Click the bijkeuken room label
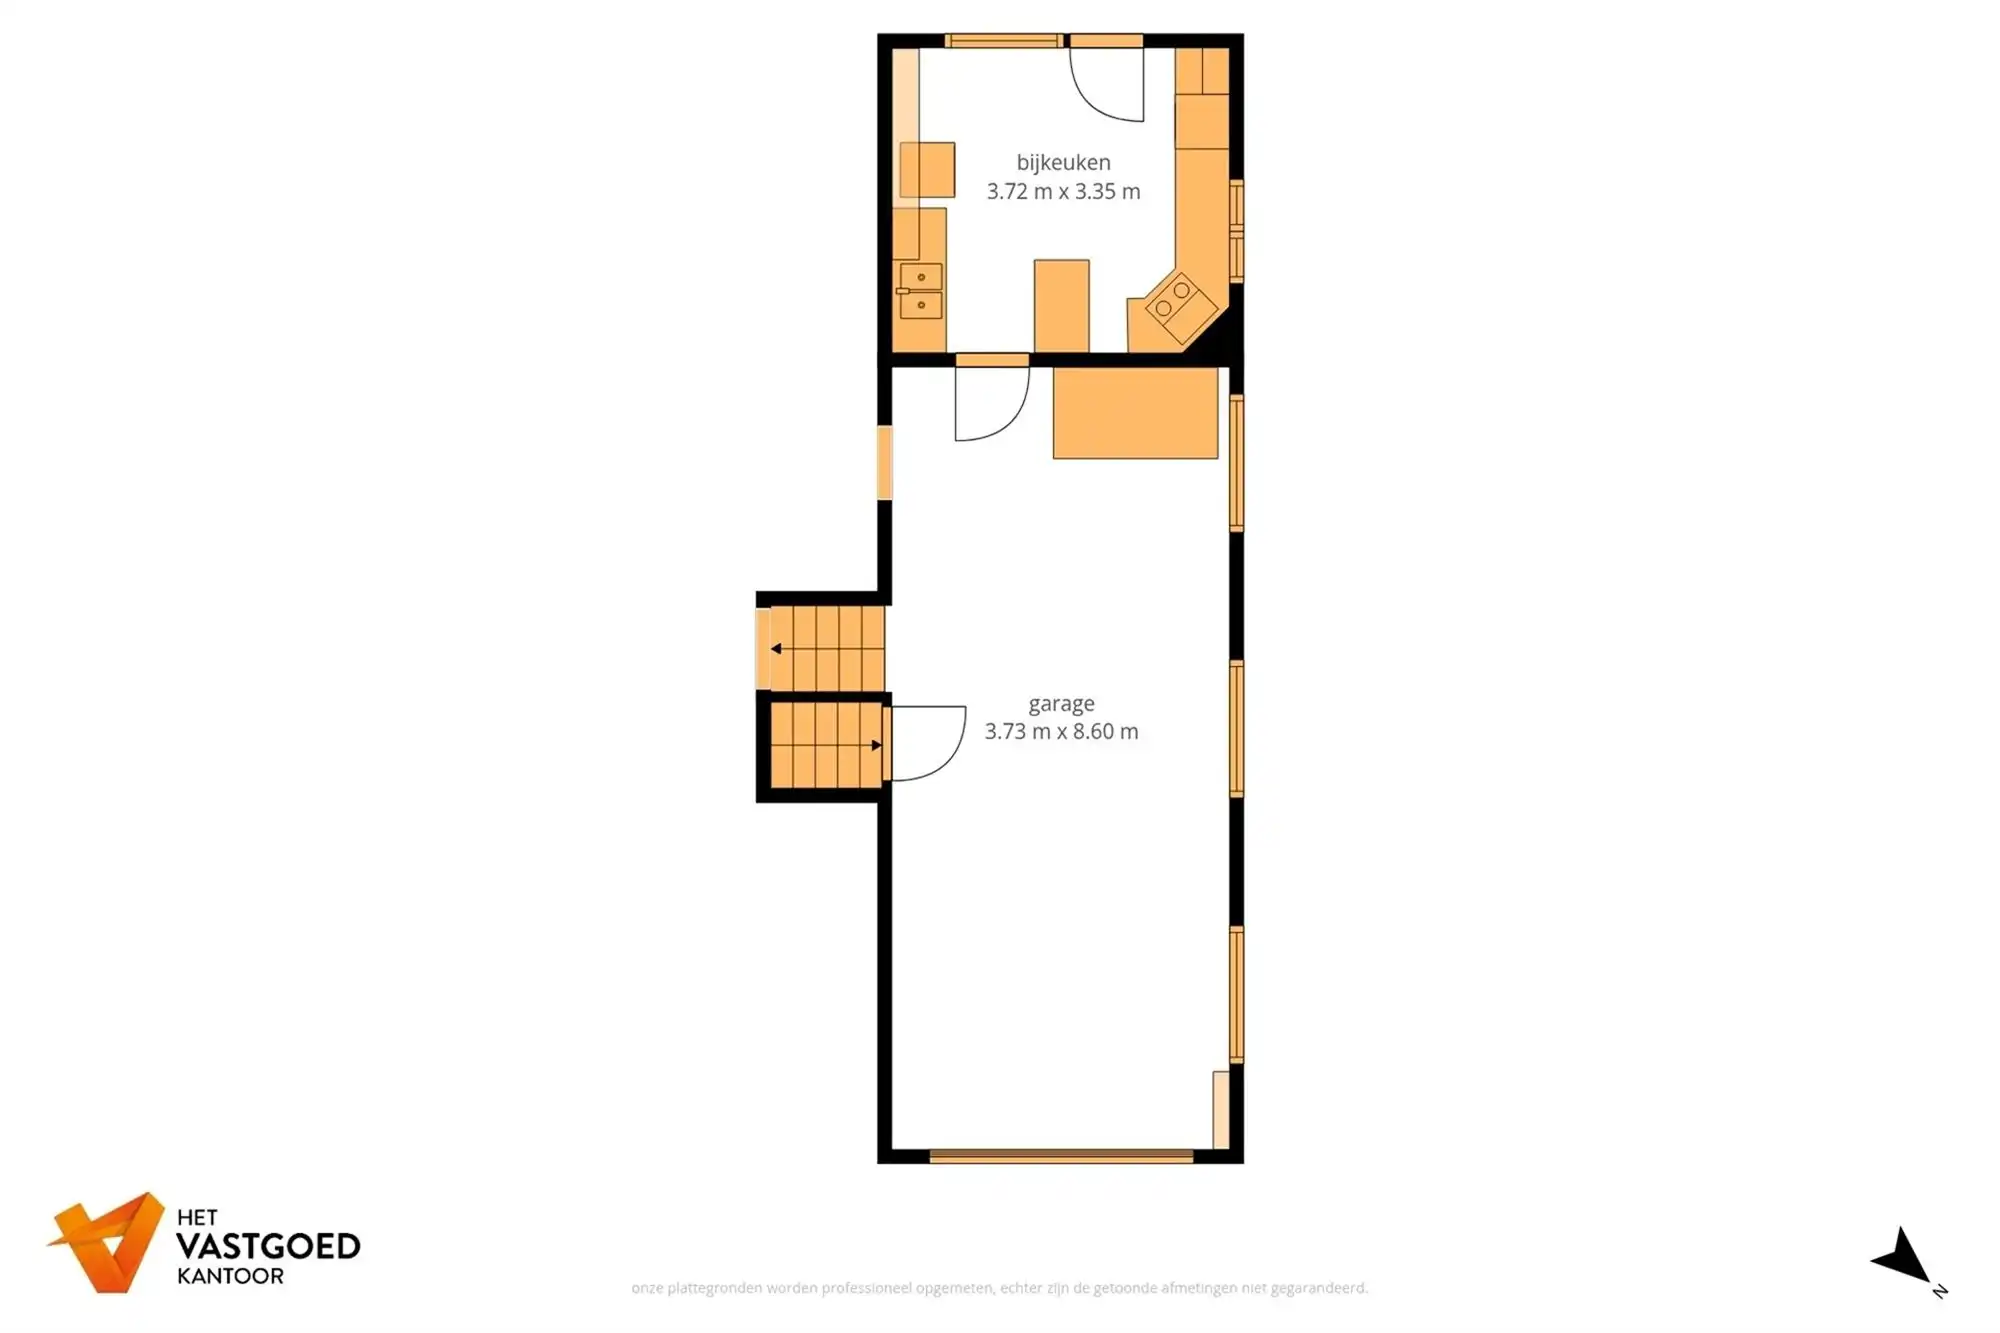click(x=1063, y=162)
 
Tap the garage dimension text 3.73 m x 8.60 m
click(x=1061, y=731)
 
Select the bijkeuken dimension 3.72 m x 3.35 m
click(x=1063, y=191)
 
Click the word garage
click(x=1061, y=703)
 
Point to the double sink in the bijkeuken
click(x=920, y=291)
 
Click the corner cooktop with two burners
click(x=1173, y=300)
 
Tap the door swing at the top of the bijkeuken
click(x=1108, y=85)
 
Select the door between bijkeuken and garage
click(x=991, y=400)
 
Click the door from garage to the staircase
click(x=926, y=743)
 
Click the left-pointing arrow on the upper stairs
click(x=776, y=649)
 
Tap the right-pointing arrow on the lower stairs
click(x=876, y=745)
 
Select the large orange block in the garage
click(x=1135, y=413)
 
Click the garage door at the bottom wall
click(x=1061, y=1156)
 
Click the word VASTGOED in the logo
click(x=268, y=1246)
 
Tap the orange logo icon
click(x=108, y=1241)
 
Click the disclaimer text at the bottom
click(x=999, y=1288)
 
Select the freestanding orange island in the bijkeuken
click(x=1061, y=305)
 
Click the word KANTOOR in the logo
click(x=230, y=1276)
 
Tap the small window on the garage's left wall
click(x=884, y=462)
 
